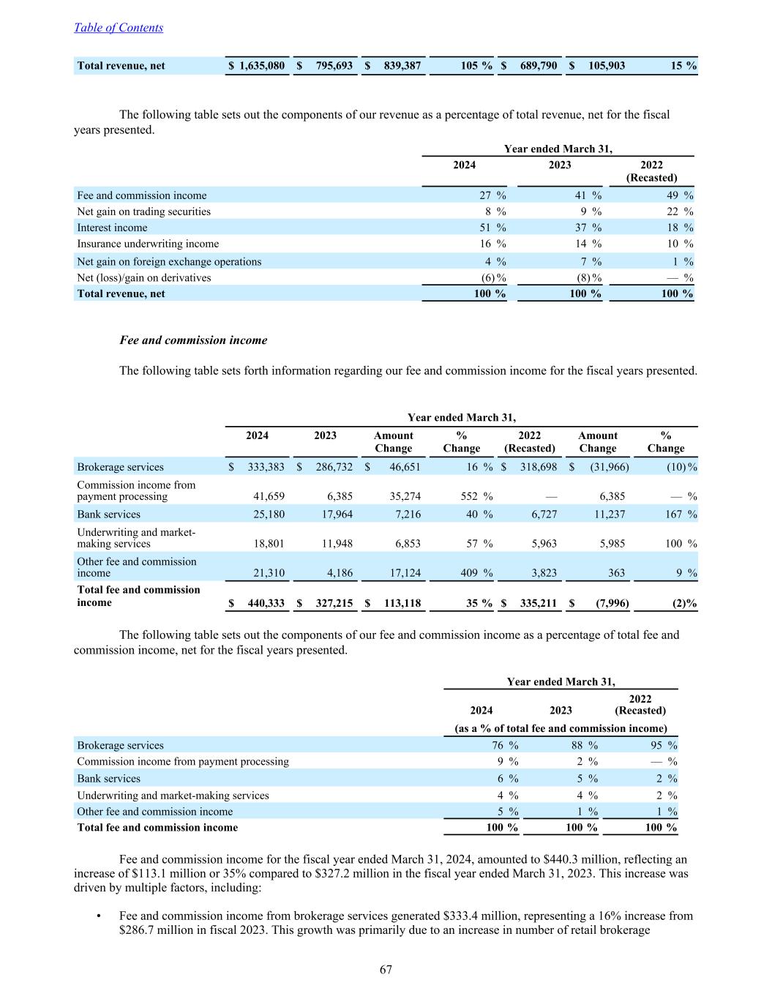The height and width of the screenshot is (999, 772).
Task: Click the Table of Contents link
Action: click(119, 28)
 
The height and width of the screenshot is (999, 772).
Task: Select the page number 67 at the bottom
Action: click(386, 970)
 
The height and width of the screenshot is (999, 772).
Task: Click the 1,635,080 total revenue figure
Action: click(262, 66)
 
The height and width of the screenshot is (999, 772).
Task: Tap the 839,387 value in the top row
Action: click(402, 66)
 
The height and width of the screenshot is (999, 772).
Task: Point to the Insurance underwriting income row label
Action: click(148, 244)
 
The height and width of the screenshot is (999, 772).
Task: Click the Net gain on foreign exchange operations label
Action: click(169, 261)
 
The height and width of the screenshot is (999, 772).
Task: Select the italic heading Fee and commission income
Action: click(193, 340)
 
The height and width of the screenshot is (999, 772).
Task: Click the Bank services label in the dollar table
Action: click(108, 515)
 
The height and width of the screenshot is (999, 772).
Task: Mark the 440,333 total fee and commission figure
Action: click(263, 604)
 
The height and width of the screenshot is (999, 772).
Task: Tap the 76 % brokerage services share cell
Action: click(503, 745)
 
